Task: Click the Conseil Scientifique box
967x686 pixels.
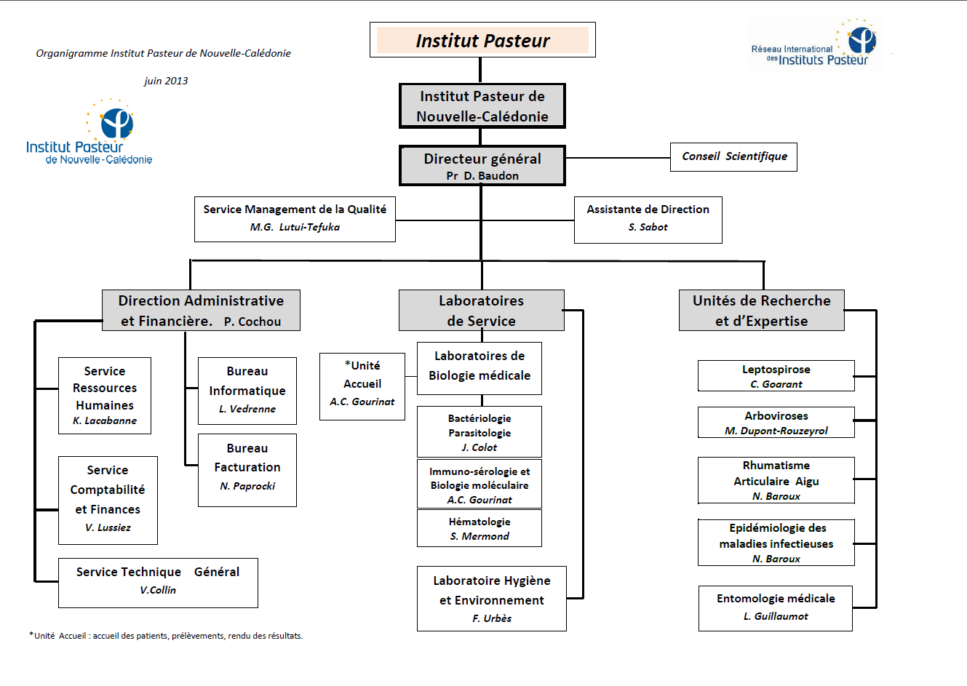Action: coord(733,156)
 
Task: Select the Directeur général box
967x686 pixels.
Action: coord(482,166)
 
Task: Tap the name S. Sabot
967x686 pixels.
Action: coord(648,227)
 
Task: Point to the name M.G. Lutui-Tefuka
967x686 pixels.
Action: coord(295,227)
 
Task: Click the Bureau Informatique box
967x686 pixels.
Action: coord(247,391)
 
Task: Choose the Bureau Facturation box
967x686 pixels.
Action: coord(247,470)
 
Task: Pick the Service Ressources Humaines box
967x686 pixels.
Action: coord(105,396)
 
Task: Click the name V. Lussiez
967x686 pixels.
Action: coord(108,527)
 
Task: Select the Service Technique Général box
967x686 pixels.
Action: coord(158,583)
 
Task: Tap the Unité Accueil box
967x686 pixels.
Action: coord(362,386)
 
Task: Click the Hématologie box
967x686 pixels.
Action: coord(479,528)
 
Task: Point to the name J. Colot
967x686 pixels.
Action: coord(479,447)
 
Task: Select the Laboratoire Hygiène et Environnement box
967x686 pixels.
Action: coord(492,599)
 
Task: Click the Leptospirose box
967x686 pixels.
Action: coord(776,376)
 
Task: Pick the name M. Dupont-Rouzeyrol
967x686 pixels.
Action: coord(776,431)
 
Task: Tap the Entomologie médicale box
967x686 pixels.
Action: coord(776,608)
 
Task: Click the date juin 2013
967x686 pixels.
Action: coord(166,81)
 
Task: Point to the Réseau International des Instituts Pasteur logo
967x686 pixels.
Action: coord(815,44)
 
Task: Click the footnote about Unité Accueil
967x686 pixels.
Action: coord(166,636)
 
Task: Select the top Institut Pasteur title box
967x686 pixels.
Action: coord(482,40)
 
